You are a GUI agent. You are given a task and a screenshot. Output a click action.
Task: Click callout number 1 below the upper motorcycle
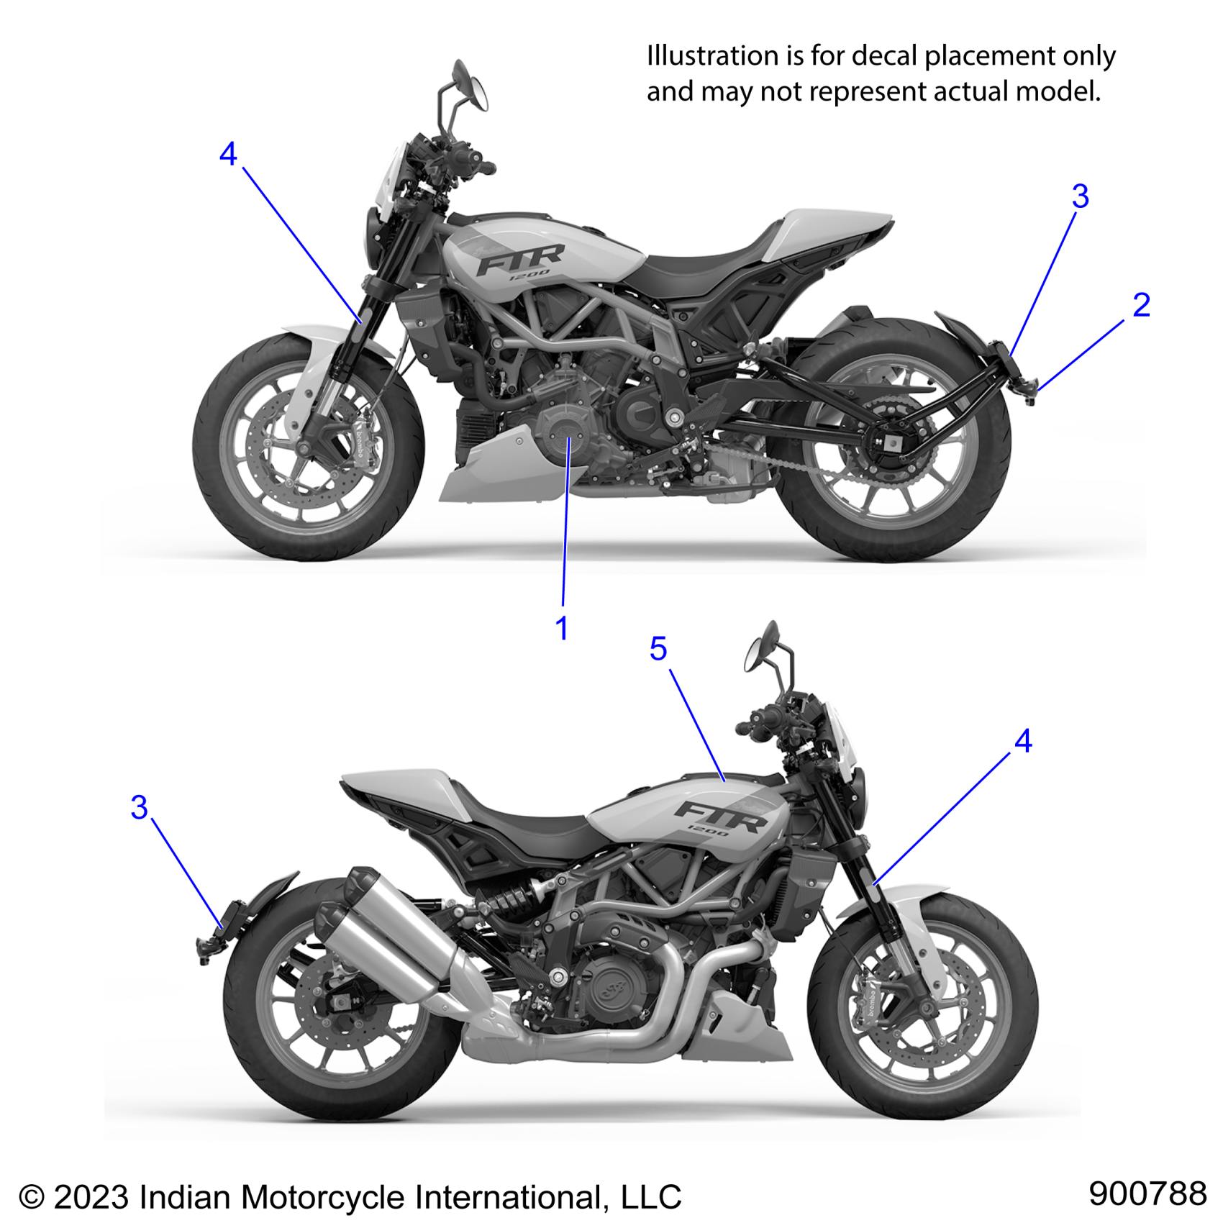(x=562, y=629)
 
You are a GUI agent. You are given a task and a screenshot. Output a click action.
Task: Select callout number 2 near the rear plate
(x=1141, y=305)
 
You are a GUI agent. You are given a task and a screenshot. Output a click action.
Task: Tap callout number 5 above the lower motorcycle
(x=658, y=649)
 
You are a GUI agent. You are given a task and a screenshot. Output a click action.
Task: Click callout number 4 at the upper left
(x=228, y=154)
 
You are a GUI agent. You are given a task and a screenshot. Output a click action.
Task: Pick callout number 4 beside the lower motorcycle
(x=1023, y=741)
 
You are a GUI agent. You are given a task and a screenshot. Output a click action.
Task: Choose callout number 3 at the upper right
(x=1080, y=196)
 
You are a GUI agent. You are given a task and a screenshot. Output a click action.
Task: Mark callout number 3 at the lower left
(x=140, y=807)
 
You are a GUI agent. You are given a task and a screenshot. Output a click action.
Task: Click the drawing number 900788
(x=1147, y=1194)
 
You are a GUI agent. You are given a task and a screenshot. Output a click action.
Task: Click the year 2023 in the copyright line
(x=92, y=1197)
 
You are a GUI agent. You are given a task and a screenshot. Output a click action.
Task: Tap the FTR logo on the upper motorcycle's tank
(x=520, y=259)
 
